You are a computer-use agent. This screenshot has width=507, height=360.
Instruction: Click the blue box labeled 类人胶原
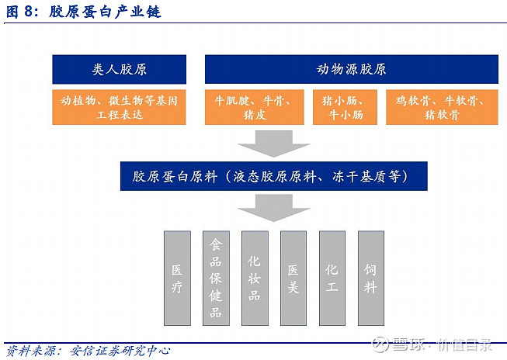click(x=119, y=70)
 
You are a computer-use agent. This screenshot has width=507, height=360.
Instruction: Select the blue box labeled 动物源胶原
click(x=352, y=70)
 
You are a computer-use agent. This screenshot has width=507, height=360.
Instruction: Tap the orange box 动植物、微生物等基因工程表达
click(x=119, y=108)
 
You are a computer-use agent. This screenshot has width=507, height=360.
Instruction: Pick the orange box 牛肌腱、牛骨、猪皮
click(x=255, y=108)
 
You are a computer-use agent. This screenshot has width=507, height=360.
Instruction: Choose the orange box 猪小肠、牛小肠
click(x=346, y=108)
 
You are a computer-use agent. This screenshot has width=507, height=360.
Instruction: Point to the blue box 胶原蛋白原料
click(x=274, y=176)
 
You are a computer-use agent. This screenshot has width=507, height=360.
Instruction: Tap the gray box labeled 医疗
click(x=177, y=278)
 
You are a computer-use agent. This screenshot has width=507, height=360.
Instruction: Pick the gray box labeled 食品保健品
click(x=216, y=278)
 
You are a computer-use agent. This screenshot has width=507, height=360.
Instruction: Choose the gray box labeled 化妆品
click(x=255, y=278)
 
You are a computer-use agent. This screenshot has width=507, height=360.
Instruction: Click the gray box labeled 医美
click(x=293, y=278)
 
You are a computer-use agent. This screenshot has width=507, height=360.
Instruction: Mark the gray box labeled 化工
click(x=332, y=278)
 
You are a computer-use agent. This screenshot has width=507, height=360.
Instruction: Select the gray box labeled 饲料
click(x=371, y=278)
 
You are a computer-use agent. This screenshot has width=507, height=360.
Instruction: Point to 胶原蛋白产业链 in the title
click(x=105, y=12)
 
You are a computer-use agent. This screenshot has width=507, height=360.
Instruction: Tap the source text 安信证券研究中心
click(x=125, y=349)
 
